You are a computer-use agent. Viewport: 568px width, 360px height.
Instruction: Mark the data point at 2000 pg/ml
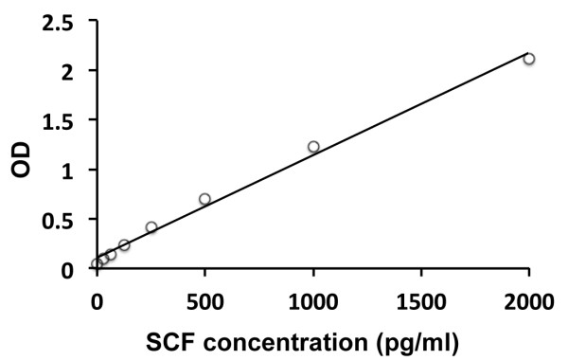(x=529, y=59)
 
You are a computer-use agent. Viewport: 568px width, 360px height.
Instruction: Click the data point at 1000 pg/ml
(x=313, y=147)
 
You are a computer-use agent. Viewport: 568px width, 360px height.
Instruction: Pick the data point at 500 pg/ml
(x=204, y=199)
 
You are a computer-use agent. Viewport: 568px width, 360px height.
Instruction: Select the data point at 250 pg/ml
(x=151, y=227)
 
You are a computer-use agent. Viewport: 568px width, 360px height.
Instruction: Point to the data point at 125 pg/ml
(x=124, y=244)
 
